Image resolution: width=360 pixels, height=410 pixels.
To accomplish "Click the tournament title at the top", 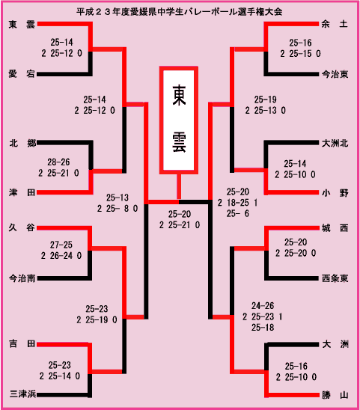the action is point(180,12).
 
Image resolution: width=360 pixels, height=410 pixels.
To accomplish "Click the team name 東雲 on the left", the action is point(22,25).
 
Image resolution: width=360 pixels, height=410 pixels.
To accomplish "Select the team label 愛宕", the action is point(22,74).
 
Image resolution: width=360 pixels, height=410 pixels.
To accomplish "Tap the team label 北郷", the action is point(22,143).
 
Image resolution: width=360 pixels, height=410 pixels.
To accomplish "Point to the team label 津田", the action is point(22,193).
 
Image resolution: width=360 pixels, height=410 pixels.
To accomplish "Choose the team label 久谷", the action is point(22,227).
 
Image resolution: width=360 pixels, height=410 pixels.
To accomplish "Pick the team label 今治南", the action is point(22,278).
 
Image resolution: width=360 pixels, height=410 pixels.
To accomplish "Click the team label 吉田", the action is point(22,343).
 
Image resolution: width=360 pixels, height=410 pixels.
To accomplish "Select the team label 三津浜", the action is point(22,394).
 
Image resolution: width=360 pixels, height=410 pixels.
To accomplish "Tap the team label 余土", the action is point(335,24).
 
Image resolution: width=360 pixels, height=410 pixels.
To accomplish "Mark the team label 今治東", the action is point(335,75).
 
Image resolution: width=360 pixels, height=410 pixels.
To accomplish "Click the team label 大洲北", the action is point(335,144).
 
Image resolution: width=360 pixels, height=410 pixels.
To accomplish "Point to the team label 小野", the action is point(335,193).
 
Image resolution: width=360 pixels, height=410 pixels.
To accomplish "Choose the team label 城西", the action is point(335,228).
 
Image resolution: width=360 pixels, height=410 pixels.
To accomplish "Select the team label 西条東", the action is point(335,278).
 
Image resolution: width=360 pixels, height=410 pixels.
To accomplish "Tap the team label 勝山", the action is point(335,395).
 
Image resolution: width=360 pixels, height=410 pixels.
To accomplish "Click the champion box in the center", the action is point(179,120).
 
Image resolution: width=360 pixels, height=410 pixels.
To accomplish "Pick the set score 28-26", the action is point(58,162).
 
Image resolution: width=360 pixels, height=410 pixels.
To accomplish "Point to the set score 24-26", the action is point(263,306).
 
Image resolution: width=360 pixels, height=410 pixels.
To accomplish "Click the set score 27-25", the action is point(61,245).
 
